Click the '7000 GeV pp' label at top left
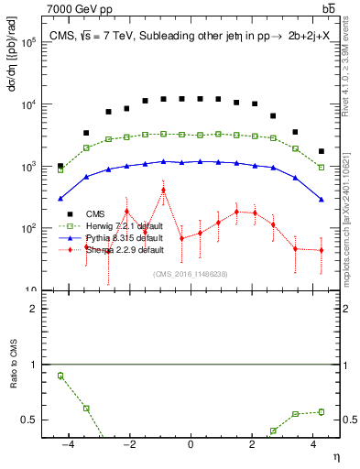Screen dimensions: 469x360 [77, 9]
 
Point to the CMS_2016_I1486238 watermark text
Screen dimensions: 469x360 [191, 274]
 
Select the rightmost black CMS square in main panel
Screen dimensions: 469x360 [321, 151]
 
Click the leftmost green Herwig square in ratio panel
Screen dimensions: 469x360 [60, 376]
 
